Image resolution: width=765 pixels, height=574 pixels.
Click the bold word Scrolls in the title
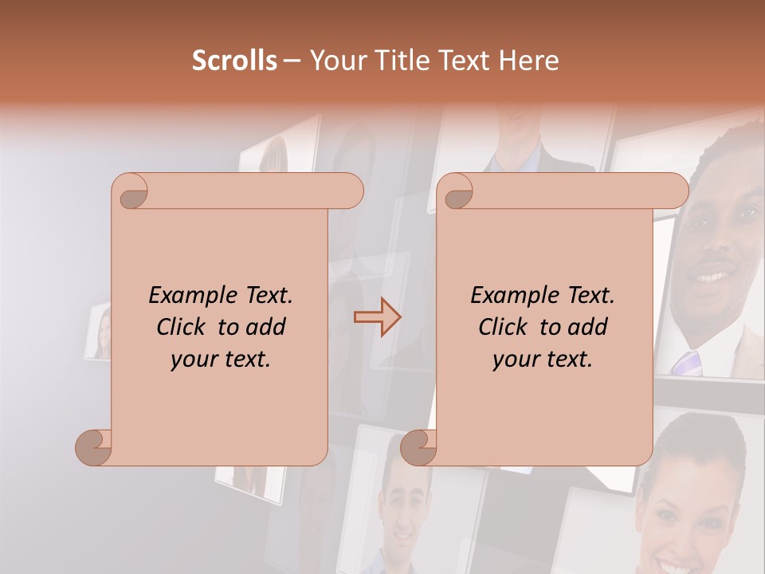pos(234,61)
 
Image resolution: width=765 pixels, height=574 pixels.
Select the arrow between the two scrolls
pos(378,317)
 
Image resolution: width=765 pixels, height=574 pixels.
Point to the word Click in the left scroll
pos(182,328)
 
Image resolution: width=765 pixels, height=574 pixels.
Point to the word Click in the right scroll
pos(504,328)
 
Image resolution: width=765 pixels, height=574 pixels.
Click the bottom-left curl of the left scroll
pos(94,447)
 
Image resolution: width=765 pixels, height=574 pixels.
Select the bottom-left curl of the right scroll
pos(418,447)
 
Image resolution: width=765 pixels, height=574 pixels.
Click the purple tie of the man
pos(686,363)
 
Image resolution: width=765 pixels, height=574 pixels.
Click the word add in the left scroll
pos(266,328)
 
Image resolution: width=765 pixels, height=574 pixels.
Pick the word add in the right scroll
pos(588,328)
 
